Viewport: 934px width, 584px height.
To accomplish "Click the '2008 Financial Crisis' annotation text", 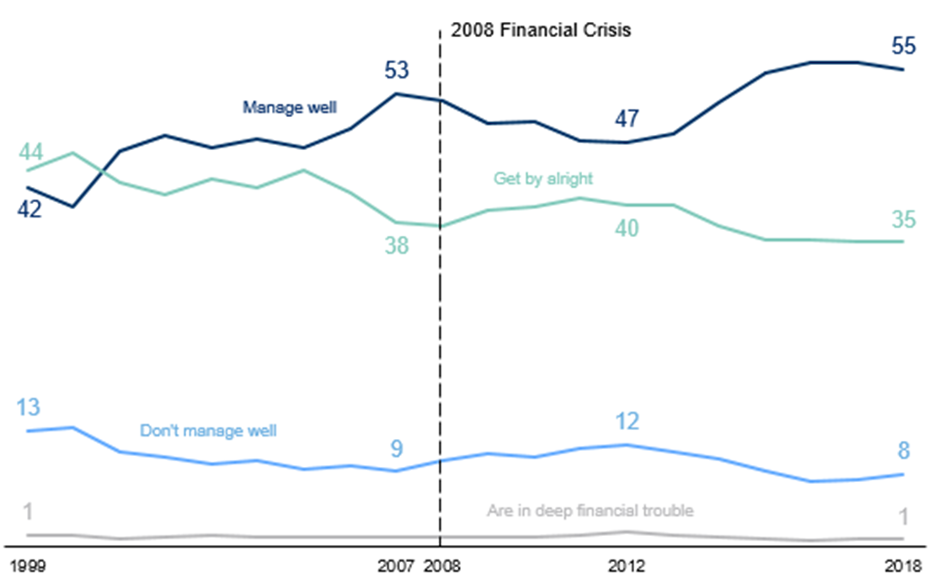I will (541, 30).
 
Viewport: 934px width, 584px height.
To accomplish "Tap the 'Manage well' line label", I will (290, 107).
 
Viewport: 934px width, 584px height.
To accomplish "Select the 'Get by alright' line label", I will (543, 179).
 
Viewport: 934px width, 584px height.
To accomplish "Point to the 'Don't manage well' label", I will (208, 431).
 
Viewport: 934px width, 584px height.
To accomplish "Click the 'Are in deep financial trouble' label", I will (590, 511).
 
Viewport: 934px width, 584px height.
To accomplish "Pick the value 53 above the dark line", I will (397, 70).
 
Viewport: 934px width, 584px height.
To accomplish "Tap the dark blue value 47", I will (626, 119).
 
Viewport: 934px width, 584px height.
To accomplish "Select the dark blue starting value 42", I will (29, 209).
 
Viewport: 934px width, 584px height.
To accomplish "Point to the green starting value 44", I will (31, 152).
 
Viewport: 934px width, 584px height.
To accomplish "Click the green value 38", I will (397, 246).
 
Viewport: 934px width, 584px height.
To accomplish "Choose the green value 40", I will (626, 228).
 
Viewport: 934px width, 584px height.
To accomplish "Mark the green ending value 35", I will (904, 220).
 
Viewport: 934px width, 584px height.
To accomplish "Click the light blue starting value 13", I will (28, 407).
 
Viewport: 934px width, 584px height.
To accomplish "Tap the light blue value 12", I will (627, 421).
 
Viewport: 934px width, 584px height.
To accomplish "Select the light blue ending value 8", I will (904, 451).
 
